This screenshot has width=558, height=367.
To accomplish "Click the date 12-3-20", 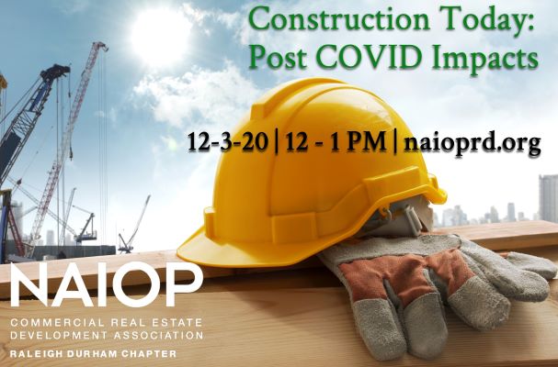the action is click(x=228, y=142).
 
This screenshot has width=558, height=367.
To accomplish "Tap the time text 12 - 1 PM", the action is click(x=336, y=142).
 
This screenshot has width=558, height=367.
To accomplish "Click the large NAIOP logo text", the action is click(x=107, y=284).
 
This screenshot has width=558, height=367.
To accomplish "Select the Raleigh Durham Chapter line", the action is click(x=93, y=354).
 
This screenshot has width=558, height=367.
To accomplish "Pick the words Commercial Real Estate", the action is click(x=107, y=323).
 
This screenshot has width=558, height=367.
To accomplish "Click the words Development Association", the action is click(x=107, y=335).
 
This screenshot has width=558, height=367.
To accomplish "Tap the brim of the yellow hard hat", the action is click(x=228, y=250).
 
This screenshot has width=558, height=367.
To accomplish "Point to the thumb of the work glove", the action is click(x=378, y=327).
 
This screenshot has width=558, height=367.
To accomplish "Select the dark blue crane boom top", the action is click(x=55, y=72).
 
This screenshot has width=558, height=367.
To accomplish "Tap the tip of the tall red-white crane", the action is click(x=101, y=46).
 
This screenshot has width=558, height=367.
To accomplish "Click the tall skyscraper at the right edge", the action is click(x=549, y=198).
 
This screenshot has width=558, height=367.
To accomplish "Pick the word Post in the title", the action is click(x=278, y=57).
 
